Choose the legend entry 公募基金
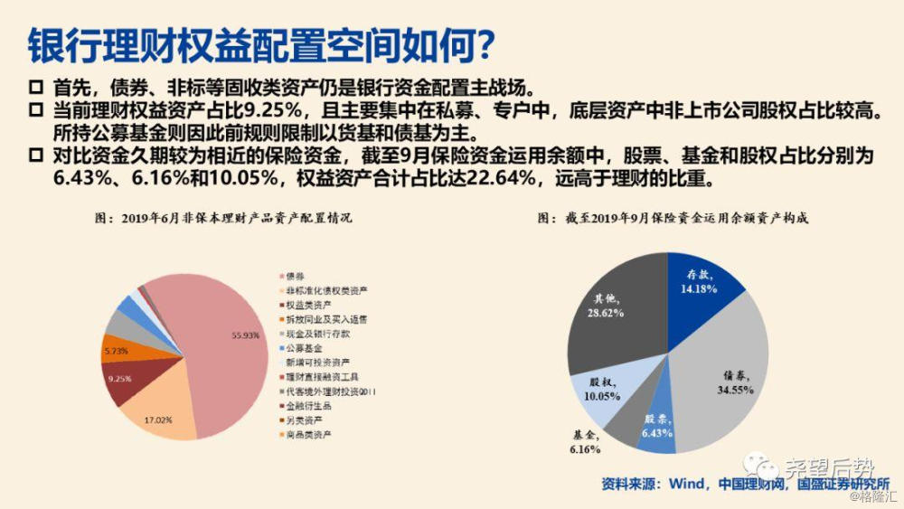(x=302, y=347)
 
